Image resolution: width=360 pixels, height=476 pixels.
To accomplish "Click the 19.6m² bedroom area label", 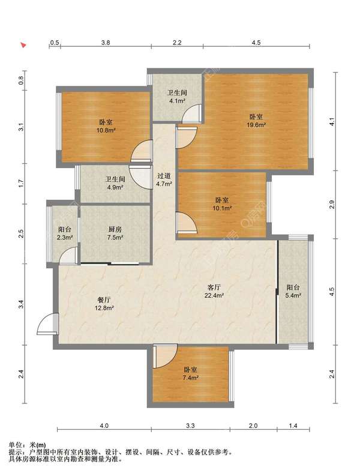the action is [256, 121].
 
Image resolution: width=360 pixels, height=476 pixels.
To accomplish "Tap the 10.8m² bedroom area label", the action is [106, 126].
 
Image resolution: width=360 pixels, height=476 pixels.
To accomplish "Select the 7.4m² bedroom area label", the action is [190, 374].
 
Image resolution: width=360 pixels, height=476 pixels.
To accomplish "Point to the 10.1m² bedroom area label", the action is [222, 204].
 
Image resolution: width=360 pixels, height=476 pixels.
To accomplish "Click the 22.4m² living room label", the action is [214, 291].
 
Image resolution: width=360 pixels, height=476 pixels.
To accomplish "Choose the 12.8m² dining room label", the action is [104, 304].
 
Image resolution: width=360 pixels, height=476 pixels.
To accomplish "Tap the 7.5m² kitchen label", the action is [115, 233].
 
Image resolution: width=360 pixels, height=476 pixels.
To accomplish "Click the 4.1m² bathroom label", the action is [177, 97].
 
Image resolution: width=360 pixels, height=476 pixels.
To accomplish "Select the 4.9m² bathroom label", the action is [115, 183].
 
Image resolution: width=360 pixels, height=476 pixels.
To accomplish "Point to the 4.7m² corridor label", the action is [164, 179].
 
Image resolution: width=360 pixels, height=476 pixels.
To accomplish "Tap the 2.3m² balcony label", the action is [65, 233].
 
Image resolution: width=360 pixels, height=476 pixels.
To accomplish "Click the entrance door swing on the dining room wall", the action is [47, 324].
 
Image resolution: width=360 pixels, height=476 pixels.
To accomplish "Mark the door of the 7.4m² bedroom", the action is [166, 356].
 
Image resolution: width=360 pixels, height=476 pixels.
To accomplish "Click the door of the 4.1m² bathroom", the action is [192, 113].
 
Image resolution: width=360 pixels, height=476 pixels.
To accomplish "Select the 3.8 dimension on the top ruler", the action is [106, 43].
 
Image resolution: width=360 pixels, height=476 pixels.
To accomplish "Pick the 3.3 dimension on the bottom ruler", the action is [190, 426].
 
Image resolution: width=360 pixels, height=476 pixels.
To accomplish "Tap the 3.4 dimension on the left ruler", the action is [21, 304].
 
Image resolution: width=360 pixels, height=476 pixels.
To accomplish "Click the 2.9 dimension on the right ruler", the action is [332, 204].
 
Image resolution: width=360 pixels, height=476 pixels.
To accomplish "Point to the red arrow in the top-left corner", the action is [23, 45].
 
